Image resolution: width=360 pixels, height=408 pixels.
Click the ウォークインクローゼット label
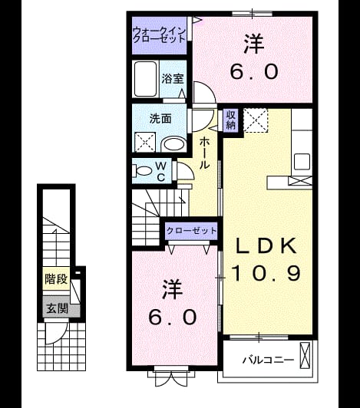[159, 35]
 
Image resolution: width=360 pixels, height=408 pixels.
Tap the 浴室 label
[173, 78]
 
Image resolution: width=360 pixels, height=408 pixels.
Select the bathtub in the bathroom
[146, 79]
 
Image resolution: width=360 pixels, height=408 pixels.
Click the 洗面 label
[160, 119]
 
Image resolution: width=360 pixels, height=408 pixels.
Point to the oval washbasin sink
[173, 144]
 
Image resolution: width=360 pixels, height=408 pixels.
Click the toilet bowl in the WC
[142, 171]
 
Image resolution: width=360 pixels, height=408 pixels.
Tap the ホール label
[204, 153]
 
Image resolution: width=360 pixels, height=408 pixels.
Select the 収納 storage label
[230, 120]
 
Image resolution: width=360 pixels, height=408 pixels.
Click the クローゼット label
[191, 231]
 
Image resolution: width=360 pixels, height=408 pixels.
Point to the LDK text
[266, 245]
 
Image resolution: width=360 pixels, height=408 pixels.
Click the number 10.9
[266, 273]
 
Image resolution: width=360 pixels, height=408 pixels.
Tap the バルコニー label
[269, 360]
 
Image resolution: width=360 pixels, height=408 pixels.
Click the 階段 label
[56, 279]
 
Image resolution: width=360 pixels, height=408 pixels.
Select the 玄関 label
[57, 308]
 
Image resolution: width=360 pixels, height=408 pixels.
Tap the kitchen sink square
[302, 162]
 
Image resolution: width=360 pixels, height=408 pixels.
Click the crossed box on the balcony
[305, 355]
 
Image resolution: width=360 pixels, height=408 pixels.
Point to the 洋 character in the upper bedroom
[254, 44]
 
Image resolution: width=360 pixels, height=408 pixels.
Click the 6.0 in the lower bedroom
[173, 318]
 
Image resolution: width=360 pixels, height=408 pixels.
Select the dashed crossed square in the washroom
[145, 142]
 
